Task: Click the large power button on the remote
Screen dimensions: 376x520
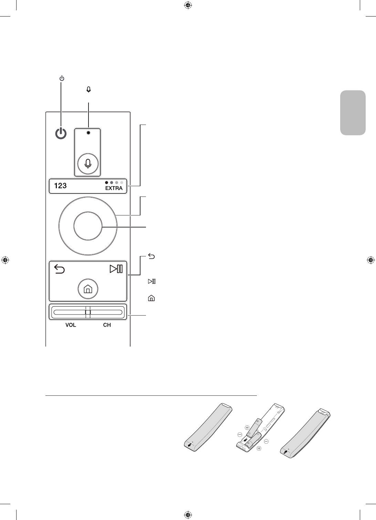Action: (x=61, y=134)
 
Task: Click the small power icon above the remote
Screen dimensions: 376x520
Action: (x=61, y=79)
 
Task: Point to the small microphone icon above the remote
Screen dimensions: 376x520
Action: (x=89, y=89)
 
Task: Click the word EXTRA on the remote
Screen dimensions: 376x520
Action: (x=114, y=188)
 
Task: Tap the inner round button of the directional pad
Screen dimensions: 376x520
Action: (x=88, y=226)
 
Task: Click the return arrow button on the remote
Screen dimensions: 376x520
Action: (x=60, y=268)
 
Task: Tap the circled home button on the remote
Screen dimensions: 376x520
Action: (x=88, y=289)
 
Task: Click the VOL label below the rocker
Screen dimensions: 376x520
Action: (x=71, y=325)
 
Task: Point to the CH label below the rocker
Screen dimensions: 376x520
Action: (x=107, y=325)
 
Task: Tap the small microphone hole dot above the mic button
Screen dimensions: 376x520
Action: (x=88, y=133)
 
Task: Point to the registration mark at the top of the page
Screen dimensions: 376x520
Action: (x=188, y=5)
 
